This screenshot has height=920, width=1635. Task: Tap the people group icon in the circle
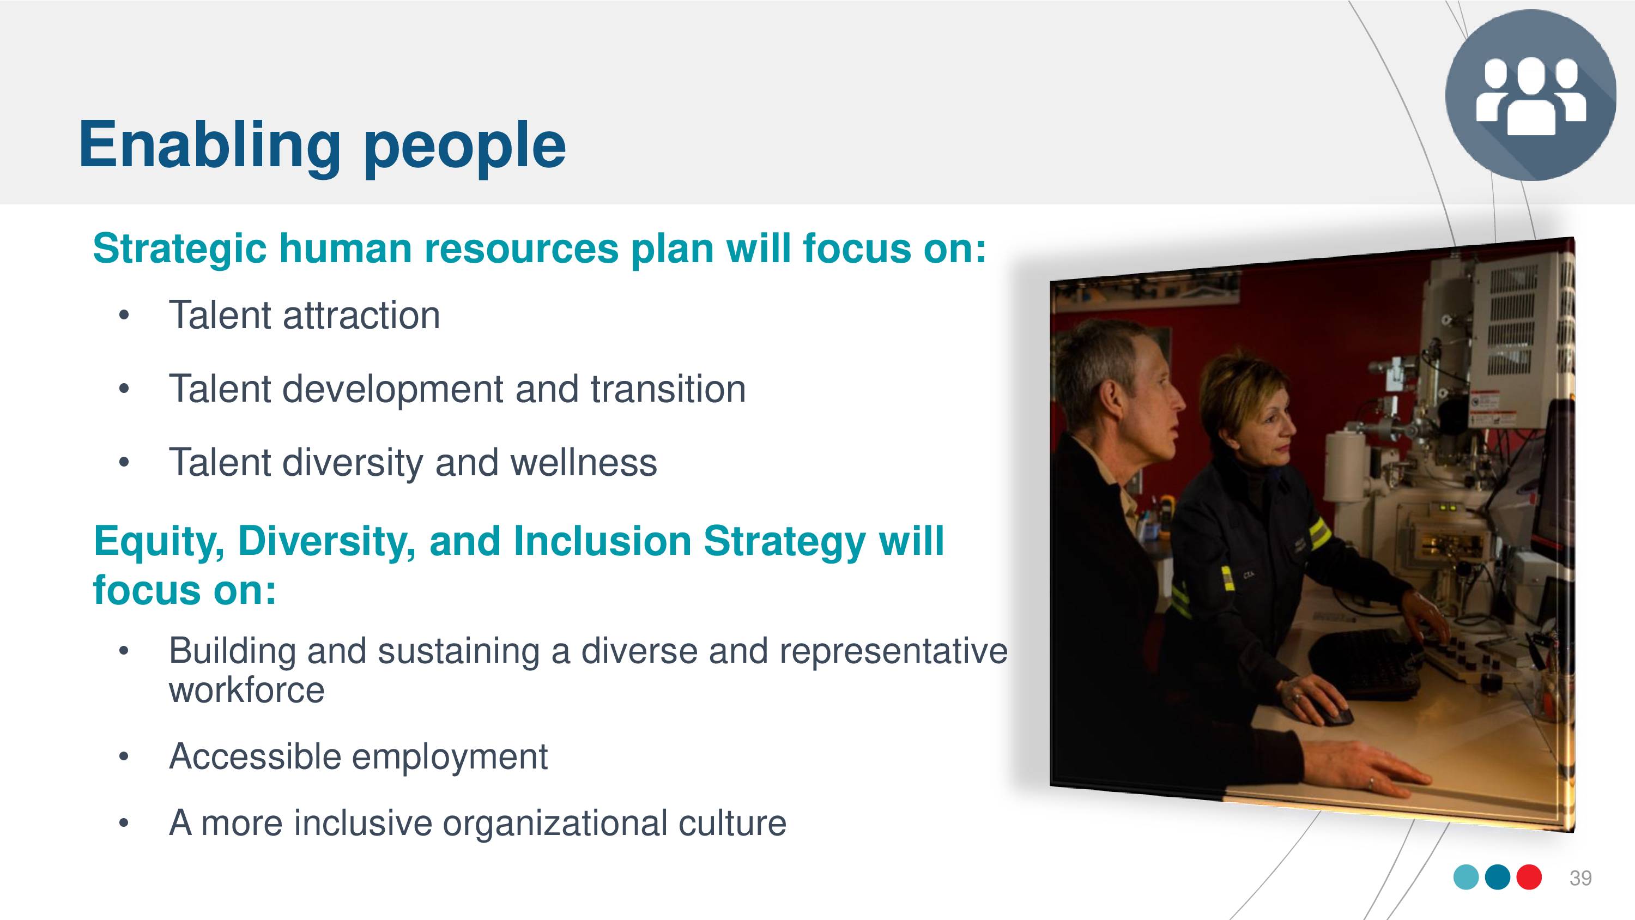coord(1531,96)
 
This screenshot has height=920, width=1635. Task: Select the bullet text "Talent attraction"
coord(304,315)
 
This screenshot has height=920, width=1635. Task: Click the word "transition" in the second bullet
coord(668,389)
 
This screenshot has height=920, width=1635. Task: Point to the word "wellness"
coord(584,462)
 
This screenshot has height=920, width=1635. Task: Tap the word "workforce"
coord(246,689)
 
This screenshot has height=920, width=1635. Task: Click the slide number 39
coord(1581,878)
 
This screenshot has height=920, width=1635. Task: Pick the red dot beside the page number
coord(1529,877)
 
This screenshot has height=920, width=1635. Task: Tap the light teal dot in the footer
coord(1466,877)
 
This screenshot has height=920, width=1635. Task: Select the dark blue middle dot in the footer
coord(1498,877)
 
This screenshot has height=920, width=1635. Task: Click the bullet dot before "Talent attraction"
coord(124,316)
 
